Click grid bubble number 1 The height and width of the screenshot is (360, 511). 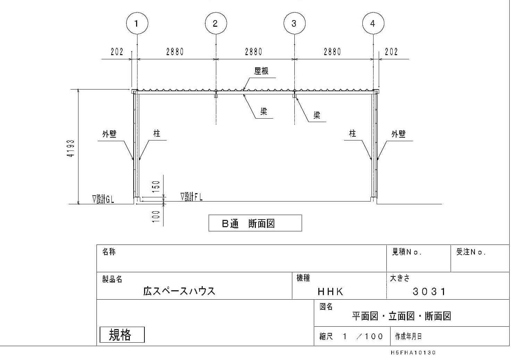click(x=137, y=23)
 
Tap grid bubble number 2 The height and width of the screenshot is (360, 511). click(x=216, y=23)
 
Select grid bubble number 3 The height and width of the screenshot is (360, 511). click(x=294, y=23)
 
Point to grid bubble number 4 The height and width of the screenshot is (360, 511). click(x=373, y=23)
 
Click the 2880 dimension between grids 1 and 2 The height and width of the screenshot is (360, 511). click(x=175, y=52)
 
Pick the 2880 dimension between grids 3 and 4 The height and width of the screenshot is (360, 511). click(x=332, y=52)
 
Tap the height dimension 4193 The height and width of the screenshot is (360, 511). click(x=71, y=148)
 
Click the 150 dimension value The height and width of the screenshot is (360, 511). click(x=156, y=187)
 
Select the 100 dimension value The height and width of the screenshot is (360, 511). click(x=156, y=216)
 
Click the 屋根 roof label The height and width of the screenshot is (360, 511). click(x=261, y=71)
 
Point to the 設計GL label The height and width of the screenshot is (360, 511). click(x=103, y=199)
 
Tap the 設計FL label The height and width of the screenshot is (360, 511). click(x=191, y=197)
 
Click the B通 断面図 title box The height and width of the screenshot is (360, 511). click(x=255, y=223)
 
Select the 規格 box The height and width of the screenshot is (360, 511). click(x=122, y=335)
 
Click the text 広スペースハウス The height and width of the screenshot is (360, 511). click(x=179, y=291)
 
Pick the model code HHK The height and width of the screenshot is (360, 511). click(x=330, y=292)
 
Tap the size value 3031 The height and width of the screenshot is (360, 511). click(x=429, y=292)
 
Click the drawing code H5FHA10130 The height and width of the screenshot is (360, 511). click(x=413, y=352)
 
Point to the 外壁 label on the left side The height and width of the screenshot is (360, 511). click(x=109, y=134)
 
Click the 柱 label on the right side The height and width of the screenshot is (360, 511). click(x=353, y=134)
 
